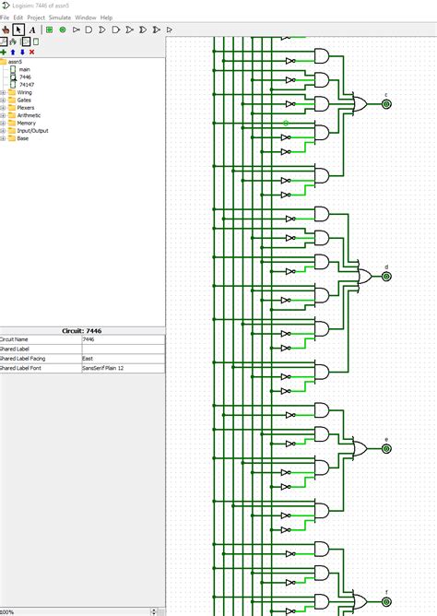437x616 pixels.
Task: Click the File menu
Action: pyautogui.click(x=5, y=18)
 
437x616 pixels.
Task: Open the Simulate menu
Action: pyautogui.click(x=59, y=18)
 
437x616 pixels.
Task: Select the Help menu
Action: pyautogui.click(x=106, y=18)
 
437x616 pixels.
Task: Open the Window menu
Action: pyautogui.click(x=85, y=18)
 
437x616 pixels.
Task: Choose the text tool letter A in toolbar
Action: pyautogui.click(x=32, y=30)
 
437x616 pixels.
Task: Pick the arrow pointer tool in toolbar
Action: pyautogui.click(x=18, y=30)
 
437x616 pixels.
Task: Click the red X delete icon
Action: pyautogui.click(x=32, y=53)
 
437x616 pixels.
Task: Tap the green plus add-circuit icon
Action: pyautogui.click(x=4, y=53)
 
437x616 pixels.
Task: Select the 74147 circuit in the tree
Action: pyautogui.click(x=26, y=84)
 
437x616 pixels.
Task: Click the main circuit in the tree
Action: pyautogui.click(x=24, y=69)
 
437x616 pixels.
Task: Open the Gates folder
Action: pyautogui.click(x=23, y=100)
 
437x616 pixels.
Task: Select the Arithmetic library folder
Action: pyautogui.click(x=28, y=115)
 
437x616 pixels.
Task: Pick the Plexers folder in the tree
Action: pyautogui.click(x=25, y=107)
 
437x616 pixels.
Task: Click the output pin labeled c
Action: pyautogui.click(x=386, y=103)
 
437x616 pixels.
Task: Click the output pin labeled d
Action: pyautogui.click(x=386, y=276)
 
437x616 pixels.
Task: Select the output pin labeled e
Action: pyautogui.click(x=386, y=448)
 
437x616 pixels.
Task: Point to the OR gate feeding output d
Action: pyautogui.click(x=364, y=276)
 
